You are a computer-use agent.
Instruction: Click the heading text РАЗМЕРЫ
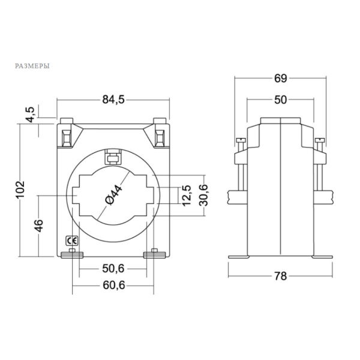coord(32,66)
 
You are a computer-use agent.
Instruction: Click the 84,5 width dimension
coord(113,100)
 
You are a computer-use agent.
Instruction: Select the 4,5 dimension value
coord(30,115)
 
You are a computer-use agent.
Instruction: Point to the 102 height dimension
coord(20,190)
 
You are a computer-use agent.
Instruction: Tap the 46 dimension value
coord(39,226)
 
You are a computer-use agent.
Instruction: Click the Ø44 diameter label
coord(114,194)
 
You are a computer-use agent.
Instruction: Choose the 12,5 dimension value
coord(187,196)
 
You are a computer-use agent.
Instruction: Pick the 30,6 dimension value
coord(203,196)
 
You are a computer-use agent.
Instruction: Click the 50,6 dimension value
coord(113,268)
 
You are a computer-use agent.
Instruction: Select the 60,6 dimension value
coord(113,285)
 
